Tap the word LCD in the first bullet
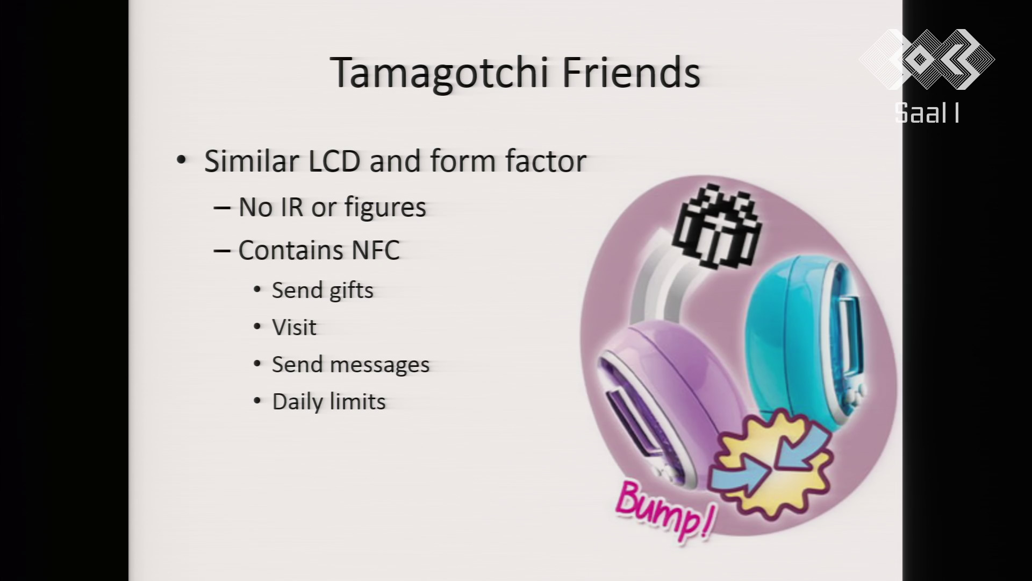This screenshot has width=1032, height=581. (334, 161)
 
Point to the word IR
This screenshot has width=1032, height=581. (290, 207)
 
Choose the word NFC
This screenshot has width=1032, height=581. (376, 250)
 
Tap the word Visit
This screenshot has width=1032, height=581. (294, 328)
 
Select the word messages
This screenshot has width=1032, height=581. (379, 365)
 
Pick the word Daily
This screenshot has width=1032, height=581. (297, 402)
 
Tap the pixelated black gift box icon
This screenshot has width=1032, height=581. (718, 227)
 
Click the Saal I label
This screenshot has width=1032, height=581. (928, 113)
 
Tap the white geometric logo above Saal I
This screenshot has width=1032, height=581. (927, 59)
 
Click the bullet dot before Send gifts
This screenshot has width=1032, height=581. (257, 290)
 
